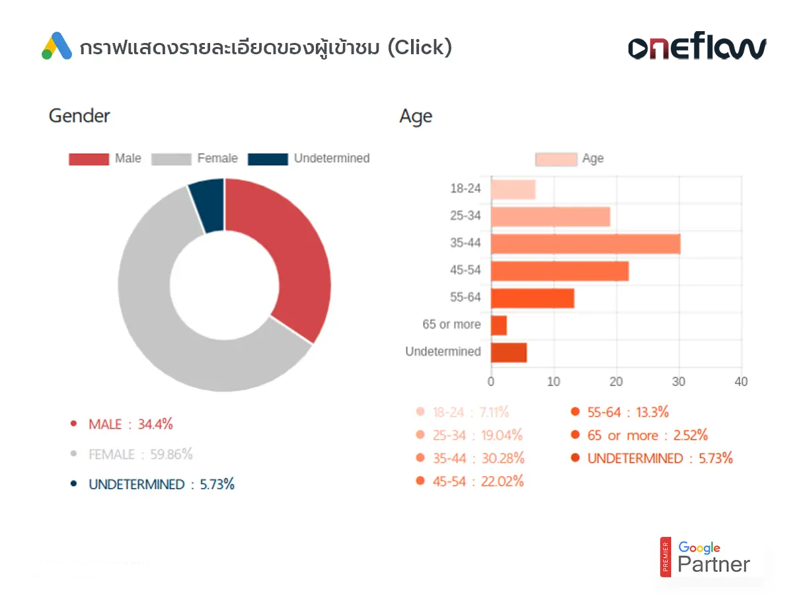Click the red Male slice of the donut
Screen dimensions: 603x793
[294, 258]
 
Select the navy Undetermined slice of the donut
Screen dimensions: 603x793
[208, 205]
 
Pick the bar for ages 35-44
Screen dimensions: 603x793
[585, 244]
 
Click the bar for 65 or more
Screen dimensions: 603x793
[498, 325]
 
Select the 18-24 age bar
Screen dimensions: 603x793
[513, 190]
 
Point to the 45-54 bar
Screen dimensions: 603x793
[559, 271]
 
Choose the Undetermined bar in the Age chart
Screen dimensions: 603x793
[508, 352]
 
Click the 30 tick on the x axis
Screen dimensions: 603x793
[679, 382]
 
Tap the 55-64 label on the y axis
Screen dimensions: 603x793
[465, 298]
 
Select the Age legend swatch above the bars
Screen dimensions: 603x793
[556, 159]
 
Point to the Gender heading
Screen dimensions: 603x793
[79, 116]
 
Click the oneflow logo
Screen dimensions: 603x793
[697, 48]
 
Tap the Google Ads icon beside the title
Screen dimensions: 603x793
[57, 46]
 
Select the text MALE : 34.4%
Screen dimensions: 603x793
[130, 424]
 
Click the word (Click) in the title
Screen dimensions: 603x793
[420, 48]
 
